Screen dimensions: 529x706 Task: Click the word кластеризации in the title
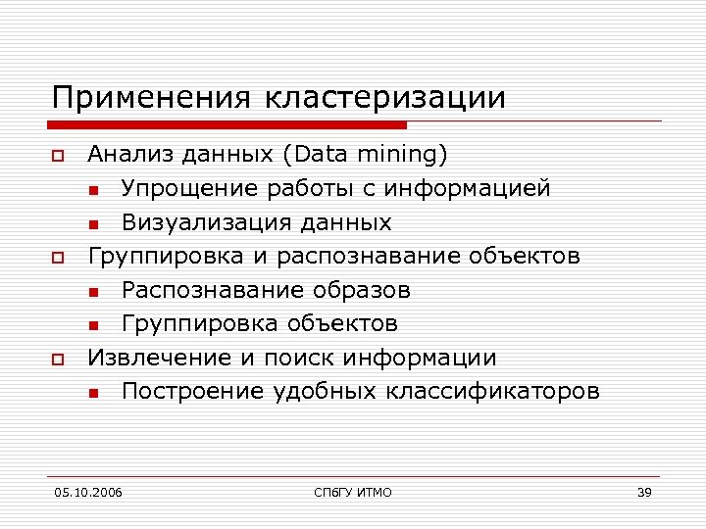[x=385, y=99]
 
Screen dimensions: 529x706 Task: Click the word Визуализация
[x=203, y=222]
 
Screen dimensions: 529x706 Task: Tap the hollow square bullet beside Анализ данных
[x=58, y=156]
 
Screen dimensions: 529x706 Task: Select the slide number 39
[x=644, y=492]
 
